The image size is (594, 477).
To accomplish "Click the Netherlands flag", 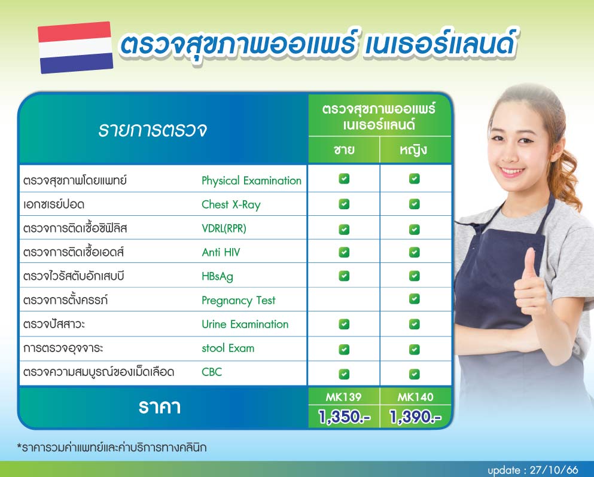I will [x=75, y=47].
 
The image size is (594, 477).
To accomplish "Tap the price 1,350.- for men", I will [x=344, y=417].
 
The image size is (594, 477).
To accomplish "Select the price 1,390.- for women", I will [x=415, y=417].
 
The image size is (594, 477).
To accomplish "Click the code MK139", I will [x=344, y=397].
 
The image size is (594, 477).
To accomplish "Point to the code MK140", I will [x=415, y=397].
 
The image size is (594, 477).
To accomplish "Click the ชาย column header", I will [x=344, y=149].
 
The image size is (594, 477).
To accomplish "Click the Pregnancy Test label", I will [x=238, y=300].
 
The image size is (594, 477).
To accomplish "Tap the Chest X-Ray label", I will [x=231, y=204].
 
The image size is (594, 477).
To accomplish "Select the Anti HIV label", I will [x=221, y=252].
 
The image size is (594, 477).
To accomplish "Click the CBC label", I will [x=212, y=372].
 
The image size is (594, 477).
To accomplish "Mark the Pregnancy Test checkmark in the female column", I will [x=415, y=299].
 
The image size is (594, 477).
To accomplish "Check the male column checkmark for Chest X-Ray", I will [x=344, y=204].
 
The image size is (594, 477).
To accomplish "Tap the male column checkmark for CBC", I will [x=344, y=374].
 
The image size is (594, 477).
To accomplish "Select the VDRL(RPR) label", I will [x=224, y=228].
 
